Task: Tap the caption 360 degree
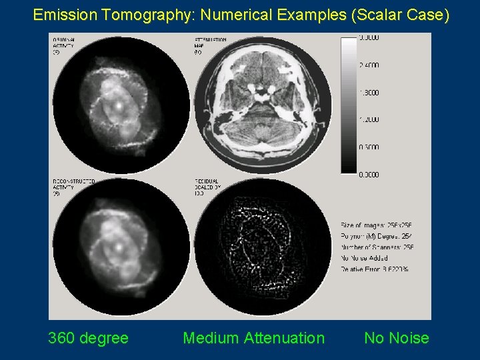point(88,338)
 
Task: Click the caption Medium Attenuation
point(253,338)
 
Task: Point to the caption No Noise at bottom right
point(396,338)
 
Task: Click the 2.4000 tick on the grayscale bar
point(369,65)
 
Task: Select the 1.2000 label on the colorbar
point(369,120)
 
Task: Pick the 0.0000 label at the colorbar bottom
point(369,175)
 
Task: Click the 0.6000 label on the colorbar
point(369,147)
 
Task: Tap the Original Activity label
point(64,45)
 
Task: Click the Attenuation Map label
point(209,45)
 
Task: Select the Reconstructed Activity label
point(73,186)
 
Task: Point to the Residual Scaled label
point(207,186)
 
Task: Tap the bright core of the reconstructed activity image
point(118,246)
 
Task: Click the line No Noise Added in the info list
point(365,258)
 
